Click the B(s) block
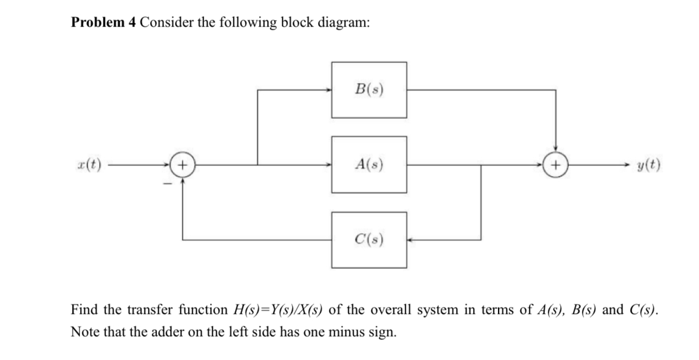coord(369,89)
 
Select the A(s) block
coord(369,164)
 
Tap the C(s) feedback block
coord(369,239)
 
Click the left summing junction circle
coord(182,164)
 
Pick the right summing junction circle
coord(555,164)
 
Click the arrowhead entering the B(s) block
coord(329,90)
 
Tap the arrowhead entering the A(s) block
coord(329,164)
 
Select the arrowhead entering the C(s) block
coord(410,239)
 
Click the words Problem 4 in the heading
coord(103,23)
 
